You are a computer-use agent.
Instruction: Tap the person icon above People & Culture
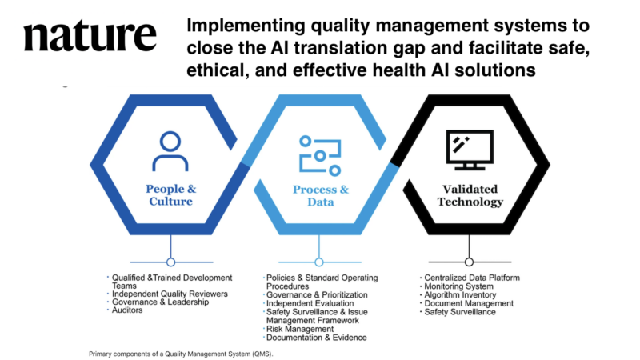click(170, 151)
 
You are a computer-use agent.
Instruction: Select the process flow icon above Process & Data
click(319, 152)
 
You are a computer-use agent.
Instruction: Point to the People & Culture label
click(170, 195)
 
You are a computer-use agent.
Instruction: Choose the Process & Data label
click(319, 195)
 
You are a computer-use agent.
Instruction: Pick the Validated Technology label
click(470, 195)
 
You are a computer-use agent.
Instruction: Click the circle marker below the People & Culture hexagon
click(170, 262)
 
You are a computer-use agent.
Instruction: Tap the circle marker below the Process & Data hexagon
click(319, 262)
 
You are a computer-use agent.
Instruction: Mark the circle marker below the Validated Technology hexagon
click(469, 262)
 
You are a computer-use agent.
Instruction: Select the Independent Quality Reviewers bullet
click(164, 294)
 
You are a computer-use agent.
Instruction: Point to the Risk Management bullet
click(298, 329)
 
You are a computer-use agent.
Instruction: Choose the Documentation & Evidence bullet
click(315, 338)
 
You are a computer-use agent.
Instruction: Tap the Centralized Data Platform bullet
click(472, 278)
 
